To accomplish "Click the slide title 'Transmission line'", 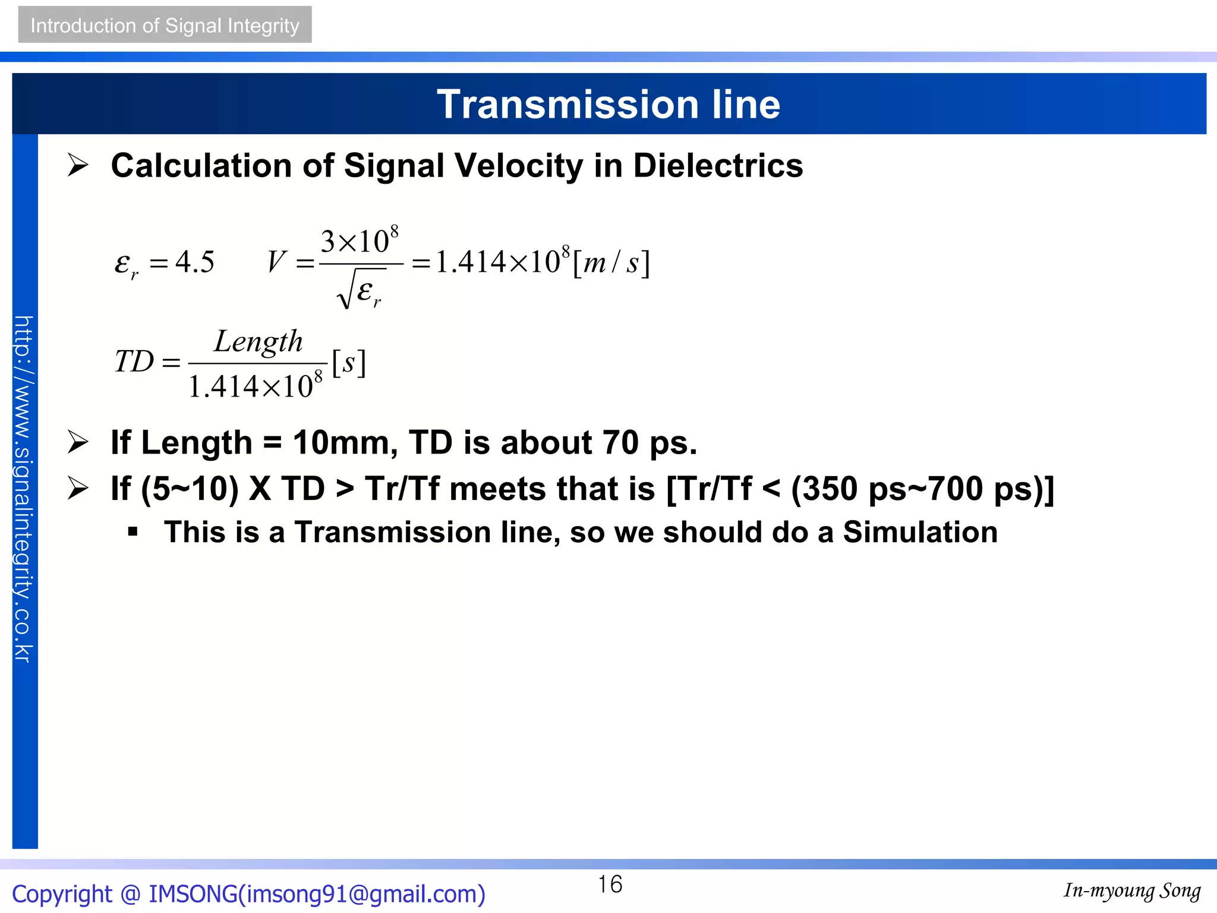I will [608, 105].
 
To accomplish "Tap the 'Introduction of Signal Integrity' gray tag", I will [165, 25].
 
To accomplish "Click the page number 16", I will [610, 884].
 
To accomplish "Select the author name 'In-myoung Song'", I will [1132, 890].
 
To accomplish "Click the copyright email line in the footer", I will [248, 894].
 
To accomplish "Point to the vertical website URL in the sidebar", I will [24, 489].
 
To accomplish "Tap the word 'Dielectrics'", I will [718, 166].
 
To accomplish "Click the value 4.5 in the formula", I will [195, 262].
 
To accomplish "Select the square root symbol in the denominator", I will [346, 290].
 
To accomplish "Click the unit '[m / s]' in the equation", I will [611, 263].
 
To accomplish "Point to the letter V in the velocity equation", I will [276, 262].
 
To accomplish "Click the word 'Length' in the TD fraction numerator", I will [258, 342].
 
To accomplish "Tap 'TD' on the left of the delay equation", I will [134, 361].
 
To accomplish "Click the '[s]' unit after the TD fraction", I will [349, 362].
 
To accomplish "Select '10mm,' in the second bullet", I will [345, 443].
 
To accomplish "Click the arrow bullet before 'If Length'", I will [78, 442].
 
